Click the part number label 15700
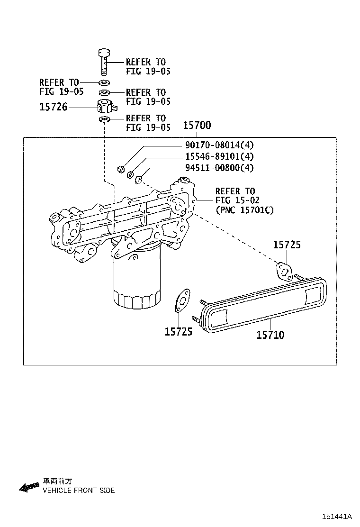click(197, 126)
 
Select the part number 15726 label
click(54, 108)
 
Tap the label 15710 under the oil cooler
click(270, 335)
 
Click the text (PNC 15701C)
click(244, 210)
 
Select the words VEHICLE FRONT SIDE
click(79, 491)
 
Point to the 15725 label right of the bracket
click(287, 245)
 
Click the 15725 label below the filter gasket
click(179, 331)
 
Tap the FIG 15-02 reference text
click(237, 200)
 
